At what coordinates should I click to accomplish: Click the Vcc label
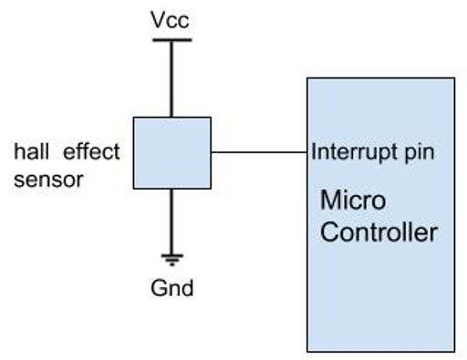[171, 18]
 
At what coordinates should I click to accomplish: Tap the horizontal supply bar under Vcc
[171, 39]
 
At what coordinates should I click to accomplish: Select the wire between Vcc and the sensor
[171, 77]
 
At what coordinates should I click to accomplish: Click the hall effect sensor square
[171, 152]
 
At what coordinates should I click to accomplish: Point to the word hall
[31, 151]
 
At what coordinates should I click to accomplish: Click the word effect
[90, 151]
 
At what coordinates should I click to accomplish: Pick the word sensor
[49, 179]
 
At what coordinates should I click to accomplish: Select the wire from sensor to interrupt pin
[259, 152]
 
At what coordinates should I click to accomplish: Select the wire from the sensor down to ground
[171, 219]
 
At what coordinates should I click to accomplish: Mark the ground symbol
[171, 259]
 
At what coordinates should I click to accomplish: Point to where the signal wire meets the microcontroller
[307, 152]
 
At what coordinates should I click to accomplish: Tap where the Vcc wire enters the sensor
[171, 117]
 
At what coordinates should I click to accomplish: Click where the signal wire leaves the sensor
[211, 152]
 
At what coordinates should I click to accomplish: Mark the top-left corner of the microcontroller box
[307, 78]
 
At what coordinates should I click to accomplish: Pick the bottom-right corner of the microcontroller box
[454, 351]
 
